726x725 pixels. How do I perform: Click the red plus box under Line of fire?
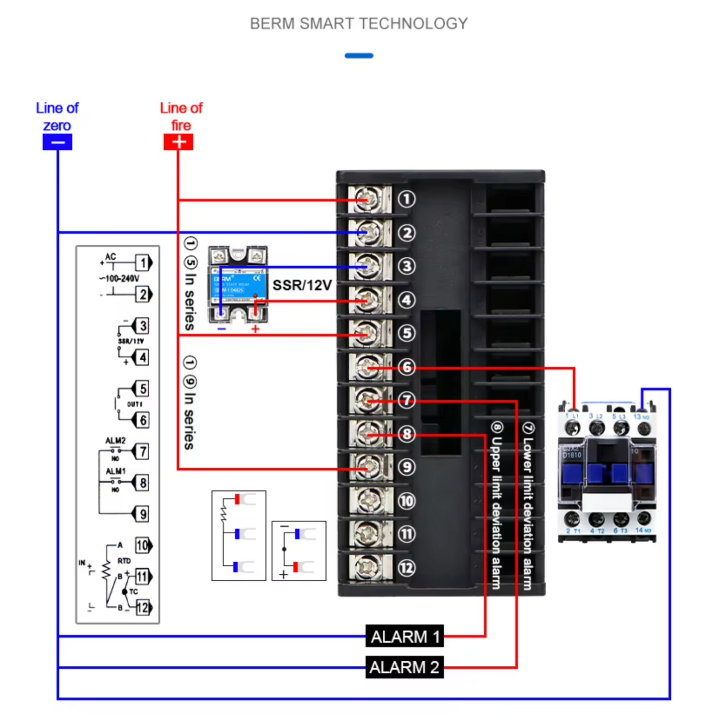click(178, 142)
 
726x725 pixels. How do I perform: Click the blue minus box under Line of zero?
click(57, 142)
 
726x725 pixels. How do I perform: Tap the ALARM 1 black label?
click(404, 637)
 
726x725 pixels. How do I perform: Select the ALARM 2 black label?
click(404, 667)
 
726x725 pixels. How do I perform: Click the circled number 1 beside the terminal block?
click(406, 199)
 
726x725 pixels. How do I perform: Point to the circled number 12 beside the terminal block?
click(406, 568)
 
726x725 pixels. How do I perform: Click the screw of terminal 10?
click(369, 500)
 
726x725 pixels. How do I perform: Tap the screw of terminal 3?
click(369, 266)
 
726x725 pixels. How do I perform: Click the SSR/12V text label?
click(302, 285)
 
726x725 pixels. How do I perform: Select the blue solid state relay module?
click(238, 284)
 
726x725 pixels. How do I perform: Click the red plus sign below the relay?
click(255, 329)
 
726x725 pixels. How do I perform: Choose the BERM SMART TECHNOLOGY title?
click(359, 24)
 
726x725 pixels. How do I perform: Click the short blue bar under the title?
click(359, 56)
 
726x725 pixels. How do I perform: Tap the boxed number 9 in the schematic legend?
click(143, 514)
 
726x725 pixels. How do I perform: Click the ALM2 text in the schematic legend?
click(115, 441)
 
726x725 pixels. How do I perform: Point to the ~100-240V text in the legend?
click(120, 278)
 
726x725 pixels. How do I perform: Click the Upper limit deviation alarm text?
click(496, 505)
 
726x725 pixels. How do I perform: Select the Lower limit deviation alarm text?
click(528, 505)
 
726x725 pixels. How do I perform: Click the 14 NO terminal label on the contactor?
click(643, 530)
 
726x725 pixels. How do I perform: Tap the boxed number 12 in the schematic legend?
click(143, 607)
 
